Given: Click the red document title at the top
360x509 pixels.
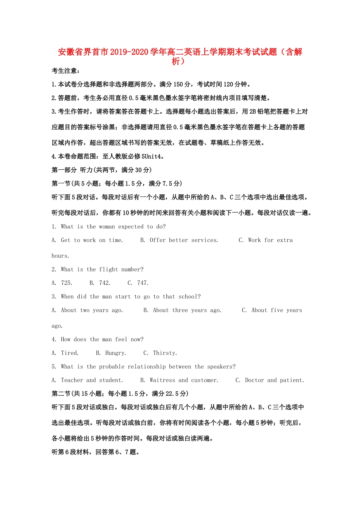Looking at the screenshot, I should coord(180,52).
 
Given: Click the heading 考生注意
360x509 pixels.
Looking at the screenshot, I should coord(66,71).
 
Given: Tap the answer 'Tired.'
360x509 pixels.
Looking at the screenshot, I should coord(70,353).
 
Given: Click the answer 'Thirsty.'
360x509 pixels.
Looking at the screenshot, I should coord(165,353).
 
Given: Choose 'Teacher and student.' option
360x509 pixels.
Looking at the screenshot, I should coord(92,380).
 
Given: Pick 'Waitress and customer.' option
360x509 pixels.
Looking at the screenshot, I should coord(184,380).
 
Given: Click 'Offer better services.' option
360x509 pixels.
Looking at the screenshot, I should coord(184,240).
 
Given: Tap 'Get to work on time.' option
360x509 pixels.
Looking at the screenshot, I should coord(92,240).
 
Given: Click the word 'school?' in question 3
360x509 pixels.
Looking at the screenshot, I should coord(189,297).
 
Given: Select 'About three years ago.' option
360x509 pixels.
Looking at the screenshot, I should coord(187,310).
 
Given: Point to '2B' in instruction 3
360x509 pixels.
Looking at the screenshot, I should coord(253,112).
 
